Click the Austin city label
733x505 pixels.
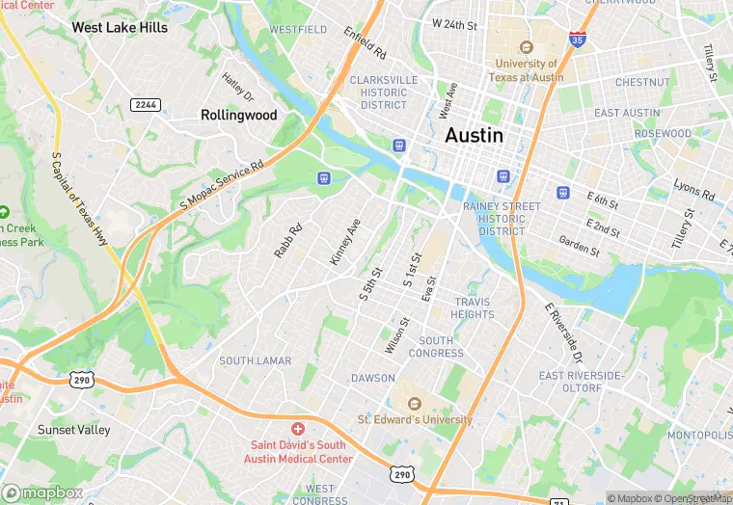(474, 136)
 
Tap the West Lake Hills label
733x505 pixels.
(120, 28)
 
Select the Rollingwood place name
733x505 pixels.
(238, 115)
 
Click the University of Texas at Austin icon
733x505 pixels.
(527, 47)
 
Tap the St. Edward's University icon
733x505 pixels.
(415, 403)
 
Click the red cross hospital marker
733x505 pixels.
(298, 427)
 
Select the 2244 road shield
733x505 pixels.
(147, 104)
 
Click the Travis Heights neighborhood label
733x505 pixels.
(473, 308)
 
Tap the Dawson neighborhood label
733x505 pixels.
(373, 378)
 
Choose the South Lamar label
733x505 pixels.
(255, 360)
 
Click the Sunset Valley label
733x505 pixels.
(73, 429)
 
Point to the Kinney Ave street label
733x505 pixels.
(344, 242)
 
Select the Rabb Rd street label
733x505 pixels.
(288, 240)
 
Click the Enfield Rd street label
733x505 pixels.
(366, 43)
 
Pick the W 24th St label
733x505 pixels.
(454, 23)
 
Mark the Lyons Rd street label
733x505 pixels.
(693, 190)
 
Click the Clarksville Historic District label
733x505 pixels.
(384, 93)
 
